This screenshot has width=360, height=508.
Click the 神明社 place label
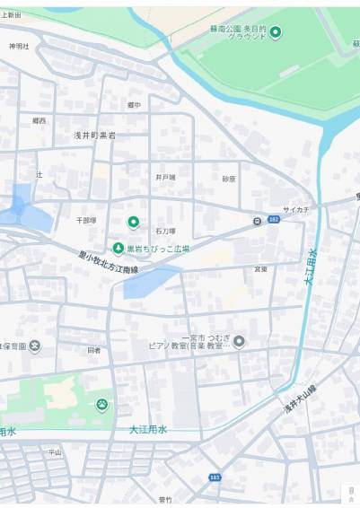click(19, 46)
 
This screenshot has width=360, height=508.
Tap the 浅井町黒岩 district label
click(95, 135)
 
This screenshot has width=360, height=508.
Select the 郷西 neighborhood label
click(39, 119)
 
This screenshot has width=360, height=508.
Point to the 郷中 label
click(134, 105)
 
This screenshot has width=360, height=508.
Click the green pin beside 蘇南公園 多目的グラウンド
click(276, 33)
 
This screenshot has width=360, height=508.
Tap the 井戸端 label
click(165, 177)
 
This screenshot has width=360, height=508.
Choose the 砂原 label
click(229, 178)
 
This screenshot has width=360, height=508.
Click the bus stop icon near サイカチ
click(258, 220)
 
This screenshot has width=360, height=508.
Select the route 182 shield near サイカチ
click(273, 220)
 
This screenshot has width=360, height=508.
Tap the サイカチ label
click(295, 210)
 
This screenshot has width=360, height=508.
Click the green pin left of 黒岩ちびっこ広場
click(118, 248)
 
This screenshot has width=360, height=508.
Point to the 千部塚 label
click(86, 219)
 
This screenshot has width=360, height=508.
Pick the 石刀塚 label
click(165, 231)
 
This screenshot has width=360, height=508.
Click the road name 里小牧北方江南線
click(108, 262)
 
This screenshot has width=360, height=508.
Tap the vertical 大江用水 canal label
click(311, 267)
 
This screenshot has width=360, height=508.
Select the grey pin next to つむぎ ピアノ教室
click(239, 341)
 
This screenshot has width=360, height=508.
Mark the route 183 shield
click(215, 477)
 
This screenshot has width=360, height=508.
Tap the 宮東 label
click(260, 268)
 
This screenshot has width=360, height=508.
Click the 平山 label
click(55, 451)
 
